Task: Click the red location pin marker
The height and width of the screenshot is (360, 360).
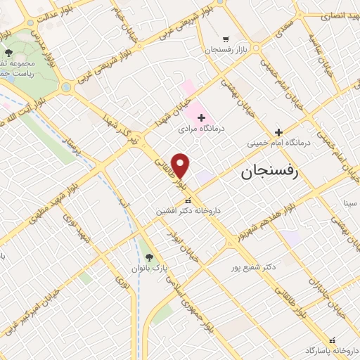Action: [x=181, y=166]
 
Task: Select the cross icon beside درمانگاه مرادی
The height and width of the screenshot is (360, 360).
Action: [x=200, y=117]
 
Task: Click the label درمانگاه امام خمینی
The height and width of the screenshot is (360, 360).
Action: [x=279, y=143]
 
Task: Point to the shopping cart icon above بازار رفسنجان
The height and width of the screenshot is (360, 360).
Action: [x=225, y=39]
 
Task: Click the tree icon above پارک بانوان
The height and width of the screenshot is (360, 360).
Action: [x=148, y=256]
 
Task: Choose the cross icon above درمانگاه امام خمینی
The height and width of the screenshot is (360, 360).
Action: [x=279, y=131]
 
